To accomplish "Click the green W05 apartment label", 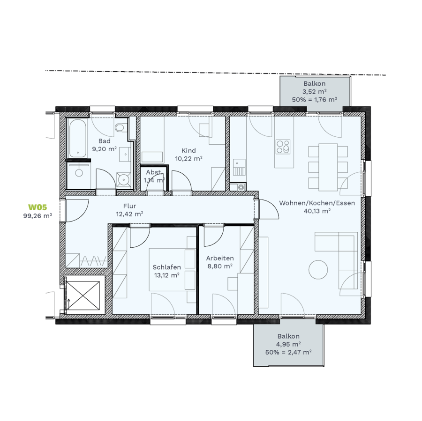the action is pyautogui.click(x=38, y=207).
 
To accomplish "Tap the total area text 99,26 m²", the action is pyautogui.click(x=38, y=215).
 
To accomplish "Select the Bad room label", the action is pyautogui.click(x=105, y=141).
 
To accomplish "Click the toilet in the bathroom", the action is pyautogui.click(x=119, y=127).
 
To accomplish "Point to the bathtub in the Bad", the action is pyautogui.click(x=78, y=139).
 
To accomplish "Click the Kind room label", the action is pyautogui.click(x=188, y=150).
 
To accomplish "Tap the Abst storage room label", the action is pyautogui.click(x=153, y=172).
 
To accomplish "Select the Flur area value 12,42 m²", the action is pyautogui.click(x=129, y=214).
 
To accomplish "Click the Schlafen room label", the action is pyautogui.click(x=166, y=267).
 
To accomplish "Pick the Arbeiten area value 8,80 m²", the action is pyautogui.click(x=220, y=266).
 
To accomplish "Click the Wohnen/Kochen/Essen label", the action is pyautogui.click(x=317, y=203).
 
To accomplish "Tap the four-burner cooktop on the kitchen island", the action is pyautogui.click(x=283, y=147).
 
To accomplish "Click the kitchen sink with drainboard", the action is pyautogui.click(x=239, y=167).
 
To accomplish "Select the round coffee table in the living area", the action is pyautogui.click(x=318, y=270).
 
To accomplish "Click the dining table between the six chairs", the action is pyautogui.click(x=328, y=167).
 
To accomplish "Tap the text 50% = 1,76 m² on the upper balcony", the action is pyautogui.click(x=315, y=100).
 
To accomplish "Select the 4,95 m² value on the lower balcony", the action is pyautogui.click(x=288, y=344).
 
